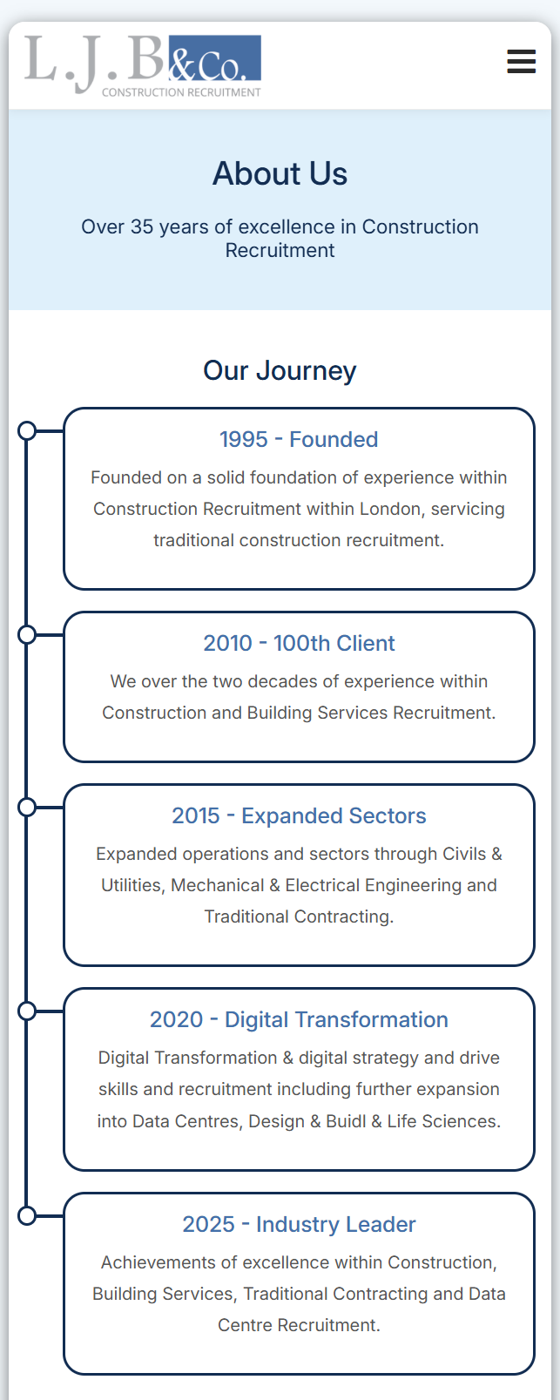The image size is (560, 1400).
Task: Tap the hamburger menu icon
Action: (522, 61)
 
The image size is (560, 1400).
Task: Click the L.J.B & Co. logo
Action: (143, 65)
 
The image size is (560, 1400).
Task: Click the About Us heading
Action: (280, 173)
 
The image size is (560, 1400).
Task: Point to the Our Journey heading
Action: (280, 370)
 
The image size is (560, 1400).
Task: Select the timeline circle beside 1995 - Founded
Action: (27, 430)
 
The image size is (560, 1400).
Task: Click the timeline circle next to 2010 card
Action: (27, 634)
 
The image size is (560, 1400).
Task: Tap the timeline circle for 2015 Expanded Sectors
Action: (27, 807)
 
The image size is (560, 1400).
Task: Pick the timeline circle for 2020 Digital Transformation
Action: (27, 1011)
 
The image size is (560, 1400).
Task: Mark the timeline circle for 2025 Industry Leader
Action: (27, 1215)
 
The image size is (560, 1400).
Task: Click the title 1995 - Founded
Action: (299, 439)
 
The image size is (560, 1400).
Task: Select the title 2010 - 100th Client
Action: (299, 643)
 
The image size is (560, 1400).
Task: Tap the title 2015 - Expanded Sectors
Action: (299, 815)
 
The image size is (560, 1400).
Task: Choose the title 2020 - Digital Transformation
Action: (299, 1019)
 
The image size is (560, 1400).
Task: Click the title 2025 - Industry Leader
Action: (299, 1224)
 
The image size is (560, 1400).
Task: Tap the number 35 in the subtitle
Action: (142, 227)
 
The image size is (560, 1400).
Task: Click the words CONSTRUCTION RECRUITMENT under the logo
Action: (181, 92)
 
